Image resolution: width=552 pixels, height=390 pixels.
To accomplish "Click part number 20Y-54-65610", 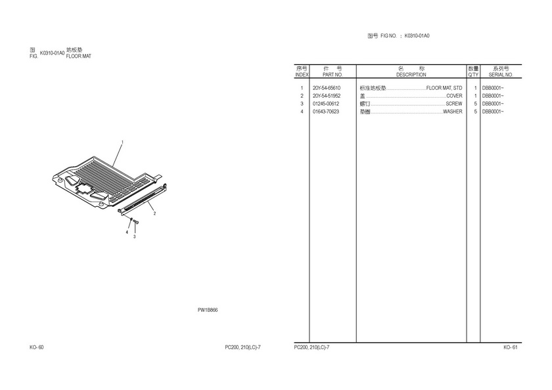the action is (x=327, y=88).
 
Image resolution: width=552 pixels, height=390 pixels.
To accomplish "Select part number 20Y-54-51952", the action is (x=327, y=96).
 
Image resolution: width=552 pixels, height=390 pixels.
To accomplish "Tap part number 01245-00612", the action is (x=326, y=104).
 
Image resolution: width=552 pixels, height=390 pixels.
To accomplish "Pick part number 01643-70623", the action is (x=326, y=112).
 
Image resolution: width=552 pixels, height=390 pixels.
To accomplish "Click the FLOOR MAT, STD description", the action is (x=444, y=88).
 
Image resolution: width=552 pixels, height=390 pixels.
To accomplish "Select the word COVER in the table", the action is (x=454, y=96).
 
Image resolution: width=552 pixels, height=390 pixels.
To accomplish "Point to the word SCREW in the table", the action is (x=454, y=104).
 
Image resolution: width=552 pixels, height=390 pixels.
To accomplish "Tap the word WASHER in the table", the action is (x=452, y=112).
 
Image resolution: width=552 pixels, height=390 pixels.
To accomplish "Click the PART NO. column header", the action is (x=333, y=75).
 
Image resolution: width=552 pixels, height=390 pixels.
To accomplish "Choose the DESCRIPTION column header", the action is (x=411, y=75).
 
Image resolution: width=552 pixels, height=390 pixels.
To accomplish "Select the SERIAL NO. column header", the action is (x=501, y=75).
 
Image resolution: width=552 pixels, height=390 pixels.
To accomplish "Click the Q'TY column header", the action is (x=473, y=75).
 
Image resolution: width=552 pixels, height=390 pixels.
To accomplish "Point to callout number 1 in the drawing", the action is (x=122, y=142).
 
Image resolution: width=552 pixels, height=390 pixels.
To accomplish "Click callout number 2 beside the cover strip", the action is (x=154, y=213).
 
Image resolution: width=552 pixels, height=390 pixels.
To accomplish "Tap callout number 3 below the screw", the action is (x=134, y=236).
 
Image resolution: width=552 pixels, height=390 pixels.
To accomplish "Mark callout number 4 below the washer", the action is (x=127, y=232).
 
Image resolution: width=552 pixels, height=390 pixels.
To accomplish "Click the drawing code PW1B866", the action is (x=208, y=310).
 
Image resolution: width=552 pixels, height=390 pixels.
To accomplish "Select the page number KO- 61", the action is (x=511, y=347).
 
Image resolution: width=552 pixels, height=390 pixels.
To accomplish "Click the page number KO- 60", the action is (x=37, y=347).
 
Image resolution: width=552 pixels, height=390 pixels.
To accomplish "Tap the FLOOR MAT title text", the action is (x=78, y=56).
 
